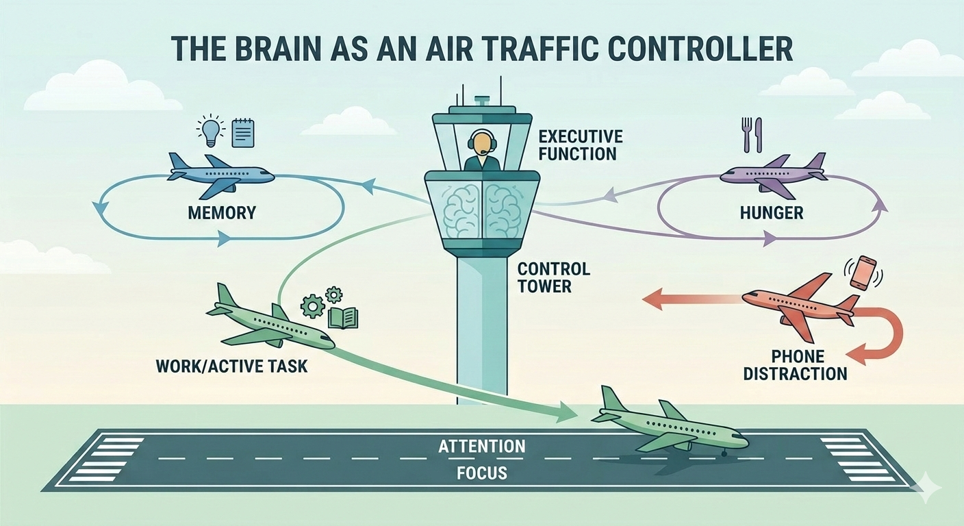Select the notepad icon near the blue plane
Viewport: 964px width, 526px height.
pyautogui.click(x=243, y=132)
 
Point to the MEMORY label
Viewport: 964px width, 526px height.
pyautogui.click(x=221, y=212)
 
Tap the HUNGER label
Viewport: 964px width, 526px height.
pyautogui.click(x=772, y=213)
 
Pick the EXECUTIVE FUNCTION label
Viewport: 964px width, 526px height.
pyautogui.click(x=581, y=144)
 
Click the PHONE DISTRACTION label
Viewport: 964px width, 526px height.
pyautogui.click(x=795, y=366)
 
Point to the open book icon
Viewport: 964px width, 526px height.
pyautogui.click(x=343, y=318)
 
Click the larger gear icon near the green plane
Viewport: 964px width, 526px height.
pyautogui.click(x=312, y=306)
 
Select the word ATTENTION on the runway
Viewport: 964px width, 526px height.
pyautogui.click(x=481, y=447)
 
